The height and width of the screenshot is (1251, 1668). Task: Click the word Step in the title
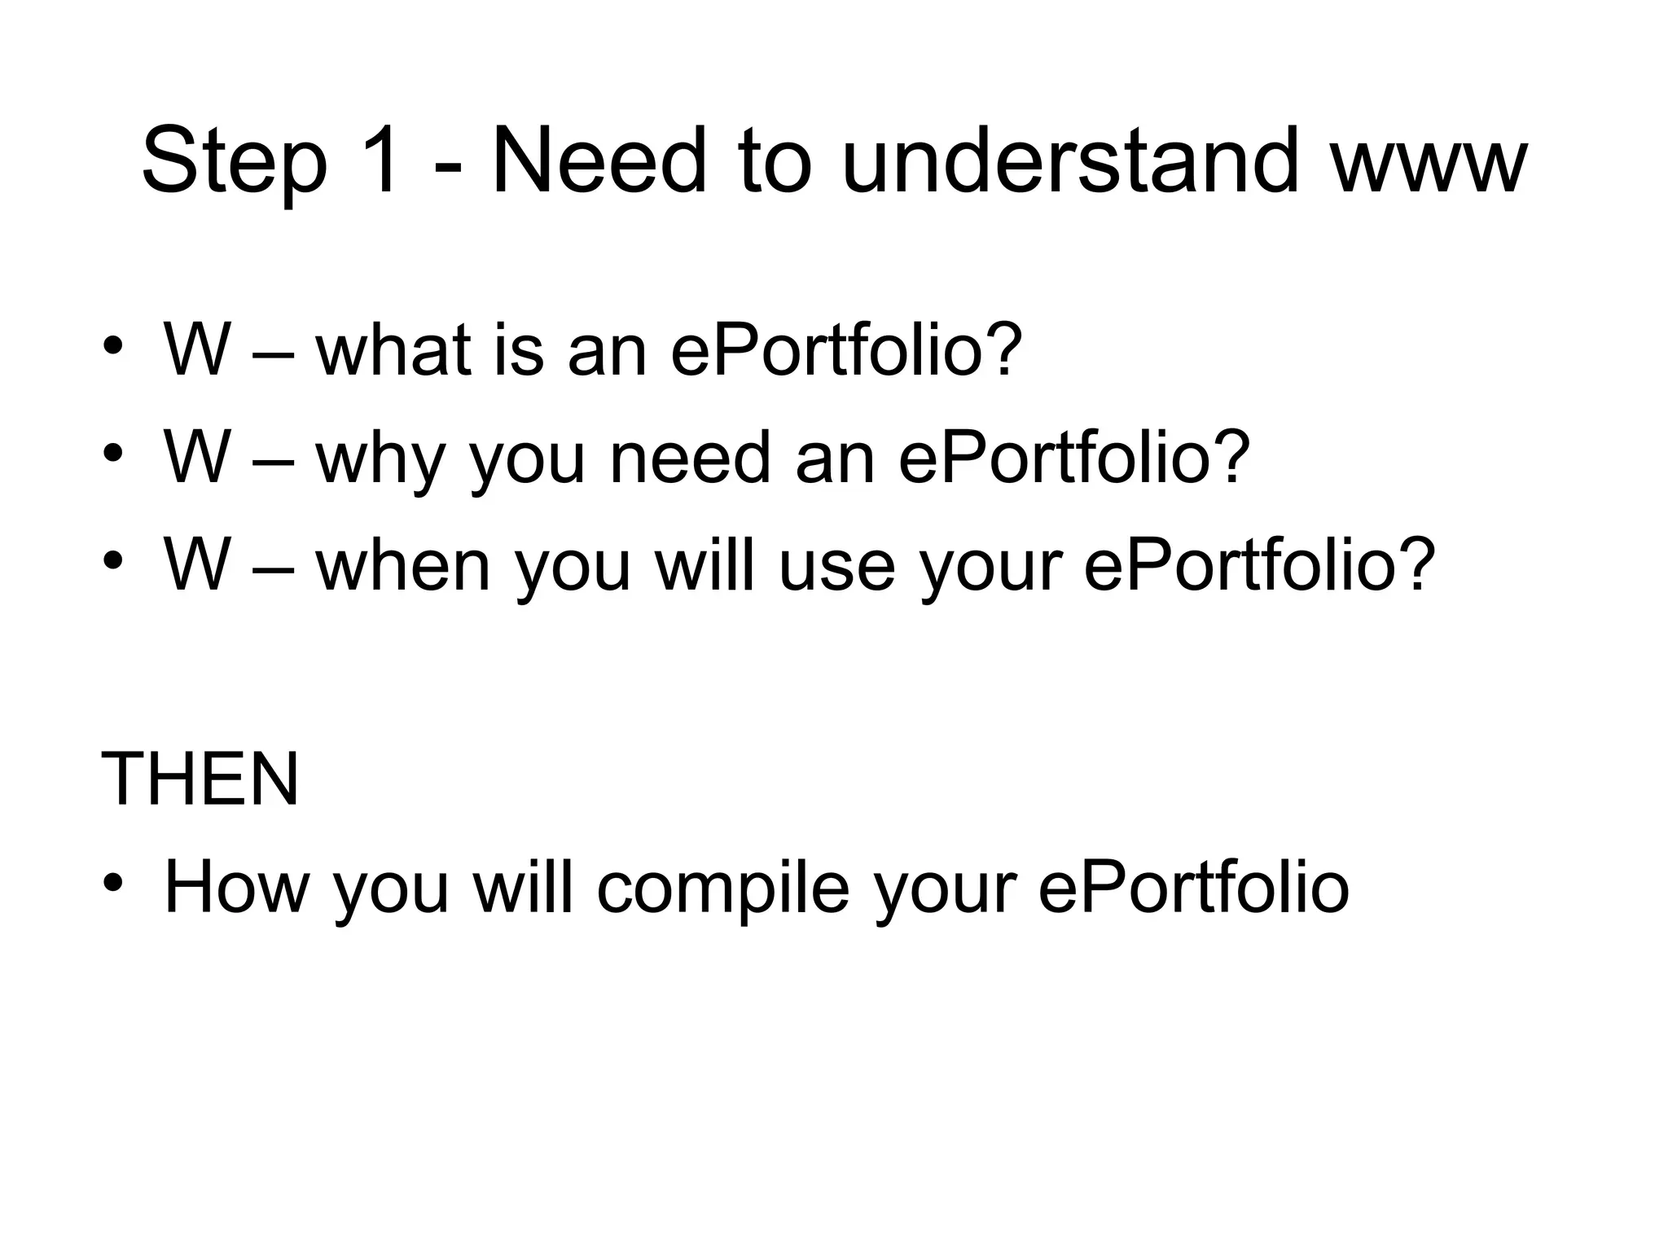coord(235,163)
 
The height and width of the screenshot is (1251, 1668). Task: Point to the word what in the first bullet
coord(394,349)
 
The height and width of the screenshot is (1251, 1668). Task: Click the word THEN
coord(200,779)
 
